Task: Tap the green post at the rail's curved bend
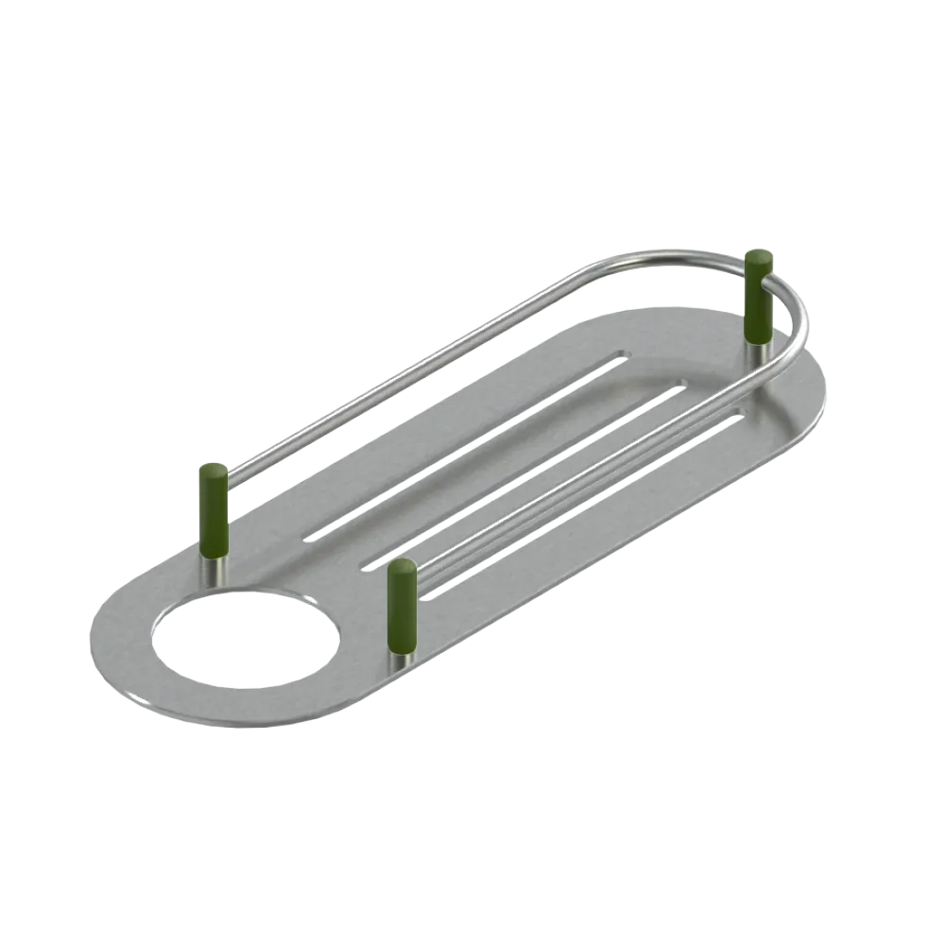758,297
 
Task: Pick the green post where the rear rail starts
213,510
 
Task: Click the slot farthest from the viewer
463,445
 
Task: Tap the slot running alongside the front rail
581,510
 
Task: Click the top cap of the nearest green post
402,566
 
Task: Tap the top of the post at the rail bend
758,257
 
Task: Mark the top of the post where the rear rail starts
213,471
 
